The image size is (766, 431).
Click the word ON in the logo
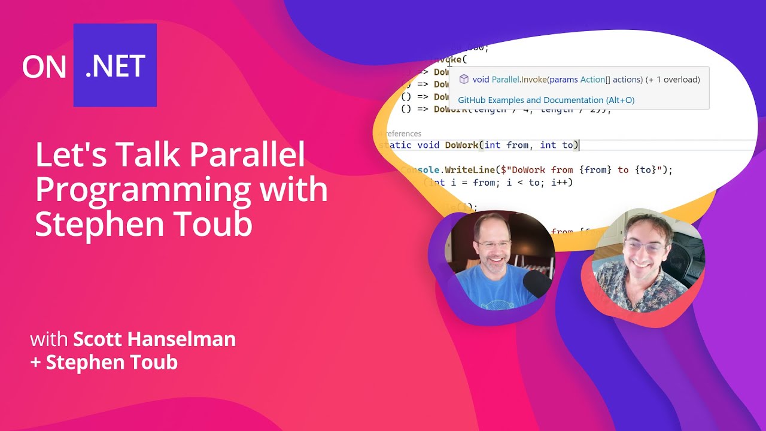pos(44,66)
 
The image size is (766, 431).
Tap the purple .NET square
pos(115,65)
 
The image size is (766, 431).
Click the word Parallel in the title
pos(247,155)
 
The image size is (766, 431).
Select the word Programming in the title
pos(142,190)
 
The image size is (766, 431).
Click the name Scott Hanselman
pos(154,339)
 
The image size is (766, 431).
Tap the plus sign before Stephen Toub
pos(36,362)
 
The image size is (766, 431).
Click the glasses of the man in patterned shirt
pos(644,245)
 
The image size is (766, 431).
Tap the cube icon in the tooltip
pos(463,79)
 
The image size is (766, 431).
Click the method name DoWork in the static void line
pos(462,145)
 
